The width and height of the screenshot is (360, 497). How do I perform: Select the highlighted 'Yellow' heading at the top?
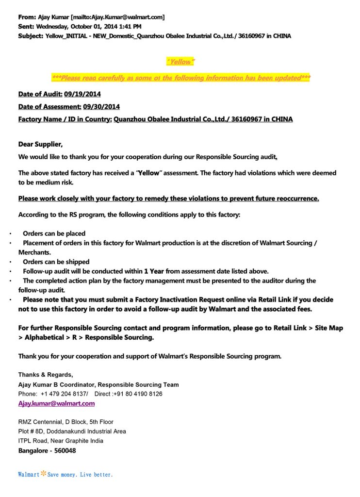[180, 62]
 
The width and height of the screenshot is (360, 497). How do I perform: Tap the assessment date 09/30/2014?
[101, 106]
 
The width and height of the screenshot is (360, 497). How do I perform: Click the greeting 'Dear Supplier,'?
[41, 144]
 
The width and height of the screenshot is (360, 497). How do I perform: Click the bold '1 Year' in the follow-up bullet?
[154, 271]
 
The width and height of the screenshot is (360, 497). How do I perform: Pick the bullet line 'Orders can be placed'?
[54, 233]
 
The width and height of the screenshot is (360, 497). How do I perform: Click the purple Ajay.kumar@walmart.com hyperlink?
[56, 403]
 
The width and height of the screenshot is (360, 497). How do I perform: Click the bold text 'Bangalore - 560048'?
[47, 450]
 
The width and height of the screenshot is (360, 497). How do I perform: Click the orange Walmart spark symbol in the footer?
[43, 473]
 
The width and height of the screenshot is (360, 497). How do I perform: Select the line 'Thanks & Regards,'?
[46, 375]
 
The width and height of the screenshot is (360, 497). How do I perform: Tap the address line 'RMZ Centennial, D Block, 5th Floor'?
[66, 422]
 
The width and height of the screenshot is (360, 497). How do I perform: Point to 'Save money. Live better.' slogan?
[80, 474]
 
